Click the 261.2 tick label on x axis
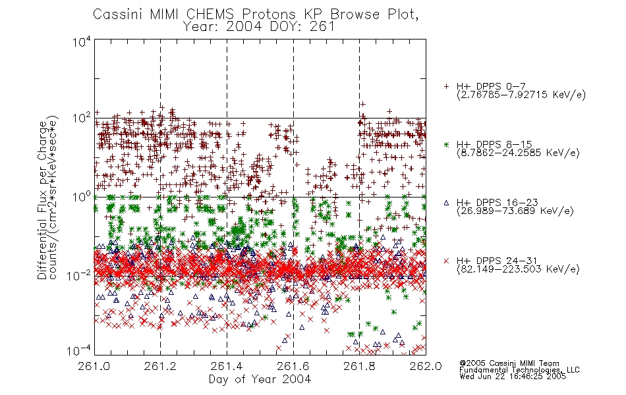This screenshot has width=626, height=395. [160, 366]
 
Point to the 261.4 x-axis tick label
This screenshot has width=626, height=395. [227, 366]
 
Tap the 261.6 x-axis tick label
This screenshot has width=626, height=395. [293, 366]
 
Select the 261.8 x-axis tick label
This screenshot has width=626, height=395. [359, 366]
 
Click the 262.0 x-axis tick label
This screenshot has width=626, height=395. [426, 366]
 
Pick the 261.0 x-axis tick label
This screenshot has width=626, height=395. [94, 366]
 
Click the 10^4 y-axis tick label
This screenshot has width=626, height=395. [82, 42]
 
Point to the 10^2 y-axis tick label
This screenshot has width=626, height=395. [82, 118]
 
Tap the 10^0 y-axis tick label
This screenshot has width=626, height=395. [82, 197]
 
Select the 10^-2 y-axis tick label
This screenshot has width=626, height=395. [79, 275]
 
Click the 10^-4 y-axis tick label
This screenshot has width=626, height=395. [79, 350]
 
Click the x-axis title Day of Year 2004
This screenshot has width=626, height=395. [260, 379]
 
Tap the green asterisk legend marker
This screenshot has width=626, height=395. [446, 145]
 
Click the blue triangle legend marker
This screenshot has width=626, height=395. [446, 203]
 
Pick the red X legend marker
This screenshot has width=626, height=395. [446, 261]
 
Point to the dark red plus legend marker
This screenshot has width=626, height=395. [446, 87]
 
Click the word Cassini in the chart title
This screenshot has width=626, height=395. [119, 14]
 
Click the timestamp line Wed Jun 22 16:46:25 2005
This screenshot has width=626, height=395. [513, 376]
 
